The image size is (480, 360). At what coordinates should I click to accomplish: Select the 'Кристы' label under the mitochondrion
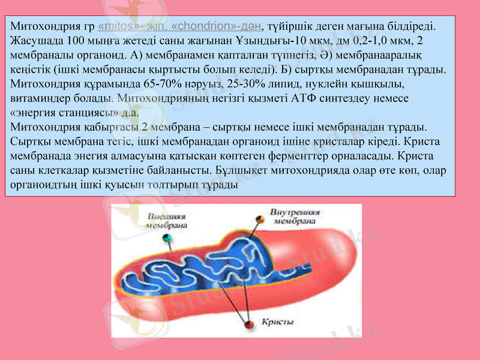pyautogui.click(x=277, y=322)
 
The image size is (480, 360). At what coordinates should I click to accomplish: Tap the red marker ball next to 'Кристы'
pyautogui.click(x=248, y=324)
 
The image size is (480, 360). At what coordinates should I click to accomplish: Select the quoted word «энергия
pyautogui.click(x=32, y=112)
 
